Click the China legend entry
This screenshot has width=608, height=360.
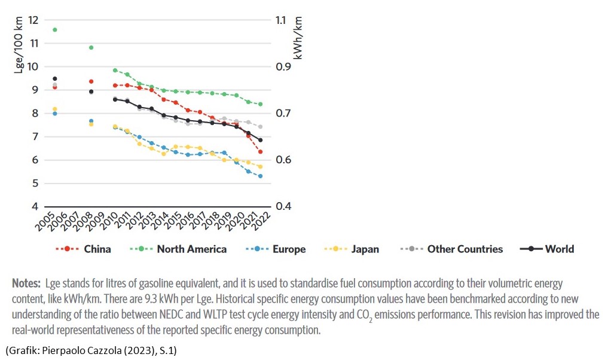click(97, 249)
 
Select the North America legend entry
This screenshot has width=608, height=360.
click(191, 249)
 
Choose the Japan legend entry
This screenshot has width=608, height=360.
click(365, 249)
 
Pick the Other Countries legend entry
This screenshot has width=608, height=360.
click(465, 249)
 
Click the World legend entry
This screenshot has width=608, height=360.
click(559, 249)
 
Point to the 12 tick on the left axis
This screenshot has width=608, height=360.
click(33, 20)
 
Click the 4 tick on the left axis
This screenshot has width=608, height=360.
click(35, 207)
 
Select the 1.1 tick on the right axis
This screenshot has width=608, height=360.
click(281, 20)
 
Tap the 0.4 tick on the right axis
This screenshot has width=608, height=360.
click(281, 207)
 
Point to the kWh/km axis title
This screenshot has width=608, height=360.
click(298, 37)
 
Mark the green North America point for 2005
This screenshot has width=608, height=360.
click(55, 29)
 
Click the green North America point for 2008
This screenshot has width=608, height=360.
click(91, 47)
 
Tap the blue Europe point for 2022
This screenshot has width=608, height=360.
click(260, 176)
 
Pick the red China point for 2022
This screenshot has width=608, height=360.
click(260, 151)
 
